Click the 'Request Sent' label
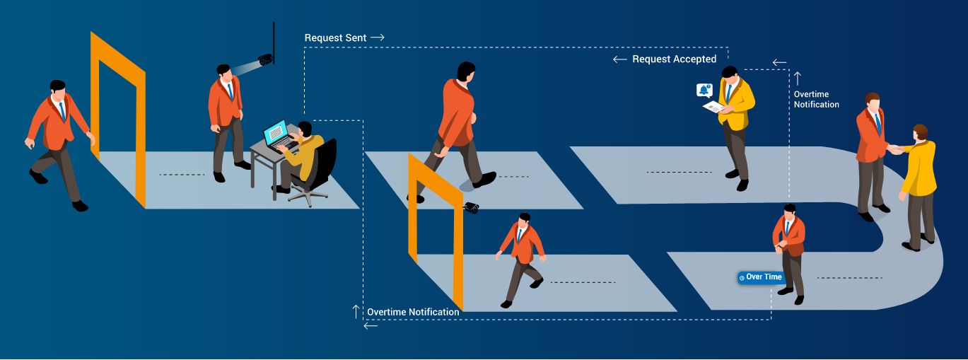coord(335,38)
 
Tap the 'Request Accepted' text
coord(674,59)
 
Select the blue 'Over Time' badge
coord(761,277)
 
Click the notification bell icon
coord(704,90)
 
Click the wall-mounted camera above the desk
coord(265,59)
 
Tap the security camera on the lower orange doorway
coord(472,207)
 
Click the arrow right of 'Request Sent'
coord(378,37)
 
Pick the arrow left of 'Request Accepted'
coord(620,59)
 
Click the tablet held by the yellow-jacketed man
coord(713,106)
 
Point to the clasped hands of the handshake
coord(896,149)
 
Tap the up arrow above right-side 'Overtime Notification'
coord(798,79)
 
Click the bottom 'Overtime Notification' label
coord(413,312)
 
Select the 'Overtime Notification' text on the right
coord(816,100)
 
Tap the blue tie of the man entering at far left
coord(62,111)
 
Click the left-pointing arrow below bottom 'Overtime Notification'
coord(371,326)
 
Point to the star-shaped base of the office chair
coord(308,197)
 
